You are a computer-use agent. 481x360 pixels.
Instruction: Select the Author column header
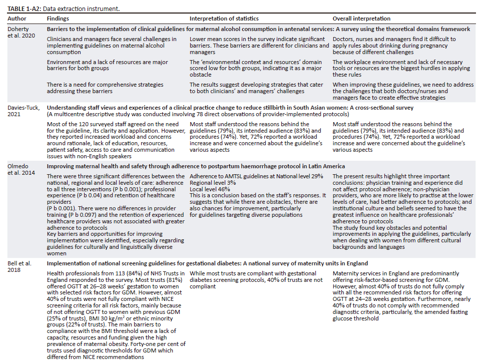(17, 19)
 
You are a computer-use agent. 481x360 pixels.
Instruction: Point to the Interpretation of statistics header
(224, 19)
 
